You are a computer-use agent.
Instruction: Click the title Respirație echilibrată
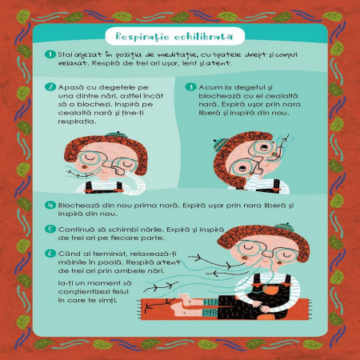(x=174, y=37)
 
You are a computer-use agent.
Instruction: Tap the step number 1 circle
(x=50, y=54)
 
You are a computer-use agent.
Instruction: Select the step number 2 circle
(x=50, y=87)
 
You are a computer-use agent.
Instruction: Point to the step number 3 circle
(x=190, y=87)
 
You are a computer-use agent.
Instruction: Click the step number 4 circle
(x=50, y=205)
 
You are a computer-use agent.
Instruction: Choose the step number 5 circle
(x=50, y=229)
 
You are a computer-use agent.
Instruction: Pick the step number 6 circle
(x=50, y=254)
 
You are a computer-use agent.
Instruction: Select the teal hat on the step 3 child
(x=219, y=145)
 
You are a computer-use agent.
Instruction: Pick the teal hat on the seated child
(x=284, y=227)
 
